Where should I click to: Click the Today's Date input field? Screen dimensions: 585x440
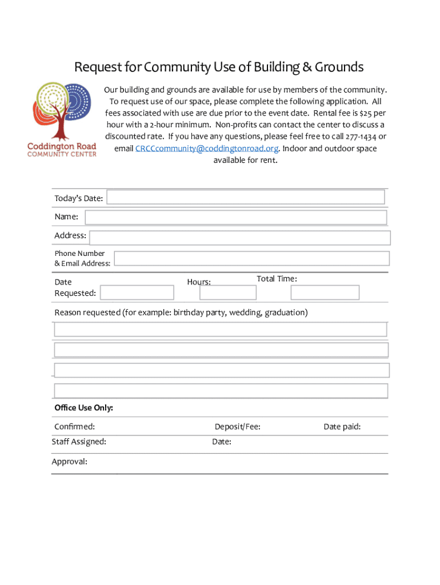click(x=245, y=197)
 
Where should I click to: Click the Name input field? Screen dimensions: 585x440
click(x=235, y=218)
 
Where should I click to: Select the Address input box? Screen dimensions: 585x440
click(x=239, y=238)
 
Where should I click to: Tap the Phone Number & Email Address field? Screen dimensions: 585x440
click(x=251, y=258)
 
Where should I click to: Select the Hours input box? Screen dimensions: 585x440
click(x=227, y=292)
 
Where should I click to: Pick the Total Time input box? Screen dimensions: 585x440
click(x=325, y=292)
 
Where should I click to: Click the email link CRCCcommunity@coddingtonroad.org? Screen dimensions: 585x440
click(x=207, y=149)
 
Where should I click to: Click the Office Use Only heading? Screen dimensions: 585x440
click(x=83, y=408)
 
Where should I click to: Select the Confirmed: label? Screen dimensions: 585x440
click(x=74, y=427)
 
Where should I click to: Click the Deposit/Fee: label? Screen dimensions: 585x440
click(x=237, y=427)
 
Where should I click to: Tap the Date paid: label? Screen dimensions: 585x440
click(x=342, y=427)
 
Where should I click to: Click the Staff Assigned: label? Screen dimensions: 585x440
click(x=79, y=442)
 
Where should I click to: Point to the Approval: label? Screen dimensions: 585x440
click(x=70, y=462)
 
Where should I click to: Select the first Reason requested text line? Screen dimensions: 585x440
click(x=221, y=329)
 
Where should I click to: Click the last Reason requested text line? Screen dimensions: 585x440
click(x=221, y=391)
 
